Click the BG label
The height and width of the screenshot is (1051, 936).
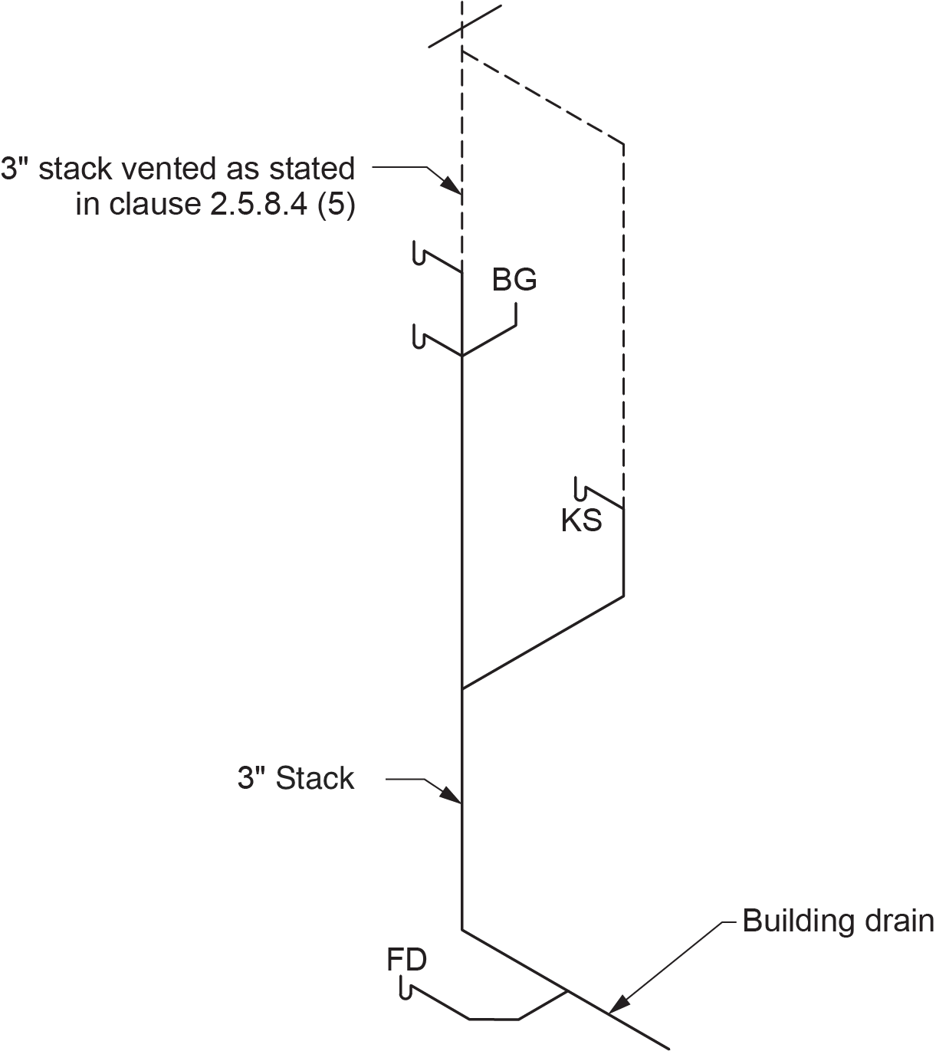[x=514, y=280]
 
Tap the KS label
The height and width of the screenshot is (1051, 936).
[x=581, y=520]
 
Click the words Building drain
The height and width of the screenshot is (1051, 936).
[x=838, y=921]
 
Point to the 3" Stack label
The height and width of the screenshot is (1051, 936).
[x=296, y=778]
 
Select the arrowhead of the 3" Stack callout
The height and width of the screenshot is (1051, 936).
[x=452, y=795]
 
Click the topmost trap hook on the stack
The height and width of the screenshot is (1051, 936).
[x=419, y=253]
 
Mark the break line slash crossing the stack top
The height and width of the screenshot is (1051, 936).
[x=465, y=26]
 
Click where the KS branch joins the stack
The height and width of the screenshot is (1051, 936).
[x=461, y=689]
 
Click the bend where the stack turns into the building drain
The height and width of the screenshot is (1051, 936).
[x=461, y=930]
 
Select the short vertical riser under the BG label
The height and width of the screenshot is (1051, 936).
[x=516, y=314]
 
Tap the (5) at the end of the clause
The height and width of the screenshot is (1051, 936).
[x=337, y=204]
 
